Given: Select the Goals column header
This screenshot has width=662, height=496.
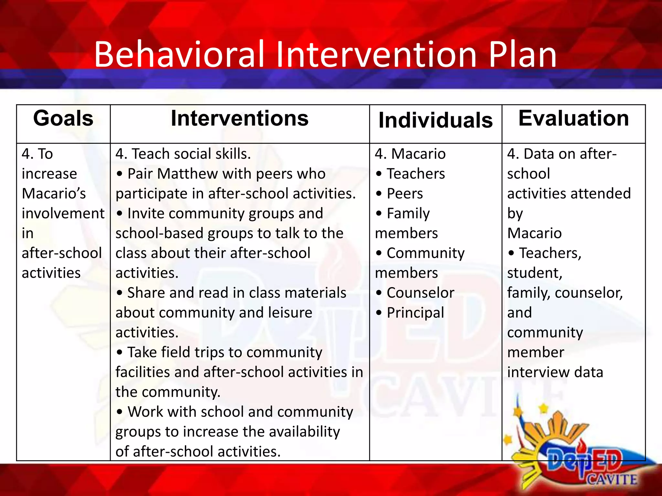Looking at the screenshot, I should click(x=63, y=119).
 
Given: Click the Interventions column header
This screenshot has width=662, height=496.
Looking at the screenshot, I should click(x=240, y=119).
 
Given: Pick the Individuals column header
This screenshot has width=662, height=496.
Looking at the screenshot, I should click(x=435, y=120).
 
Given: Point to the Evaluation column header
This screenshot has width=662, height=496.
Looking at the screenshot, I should click(x=573, y=119).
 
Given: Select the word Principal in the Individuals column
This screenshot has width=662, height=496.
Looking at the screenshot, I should click(x=415, y=313).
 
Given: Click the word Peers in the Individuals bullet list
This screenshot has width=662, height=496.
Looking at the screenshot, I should click(x=405, y=194).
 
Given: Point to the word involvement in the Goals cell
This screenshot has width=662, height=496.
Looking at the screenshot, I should click(x=63, y=214).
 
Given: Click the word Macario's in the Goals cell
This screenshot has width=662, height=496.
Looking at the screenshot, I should click(x=54, y=194).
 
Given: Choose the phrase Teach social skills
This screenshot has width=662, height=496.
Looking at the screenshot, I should click(x=191, y=154).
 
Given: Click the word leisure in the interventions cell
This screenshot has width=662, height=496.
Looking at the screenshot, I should click(x=290, y=313).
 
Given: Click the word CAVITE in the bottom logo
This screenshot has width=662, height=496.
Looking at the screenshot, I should click(x=612, y=480).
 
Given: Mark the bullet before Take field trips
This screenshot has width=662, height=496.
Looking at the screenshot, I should click(x=120, y=353).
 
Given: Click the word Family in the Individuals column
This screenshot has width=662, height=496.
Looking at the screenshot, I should click(x=408, y=214).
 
